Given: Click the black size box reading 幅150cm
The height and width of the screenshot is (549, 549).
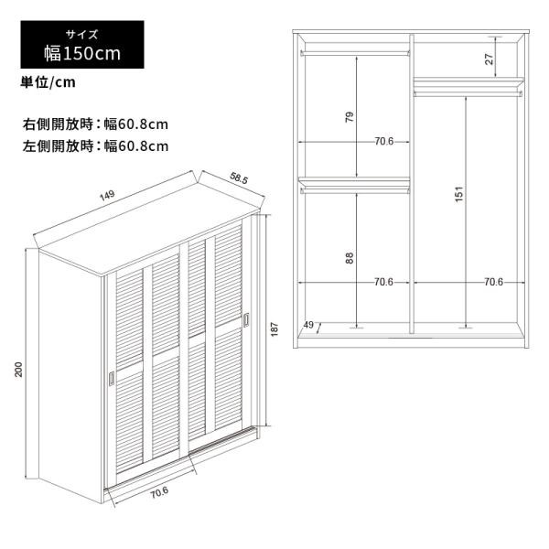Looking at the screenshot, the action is (x=82, y=45).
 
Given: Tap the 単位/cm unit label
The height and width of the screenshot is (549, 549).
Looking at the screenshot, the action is (x=48, y=82).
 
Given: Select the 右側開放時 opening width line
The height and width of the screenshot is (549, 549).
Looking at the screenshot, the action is (x=95, y=124).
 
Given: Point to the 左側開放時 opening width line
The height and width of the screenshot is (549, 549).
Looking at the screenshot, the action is (x=95, y=146).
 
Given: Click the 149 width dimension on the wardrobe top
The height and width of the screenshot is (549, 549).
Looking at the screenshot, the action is (x=107, y=196).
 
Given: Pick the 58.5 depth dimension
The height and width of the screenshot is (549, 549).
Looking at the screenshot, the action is (x=239, y=178).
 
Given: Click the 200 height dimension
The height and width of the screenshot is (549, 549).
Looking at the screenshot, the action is (x=18, y=370).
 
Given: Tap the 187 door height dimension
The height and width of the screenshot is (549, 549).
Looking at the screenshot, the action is (x=274, y=329).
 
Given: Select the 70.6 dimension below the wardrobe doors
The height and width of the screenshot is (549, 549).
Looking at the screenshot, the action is (x=159, y=493).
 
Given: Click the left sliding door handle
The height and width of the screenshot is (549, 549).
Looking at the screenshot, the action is (x=112, y=378).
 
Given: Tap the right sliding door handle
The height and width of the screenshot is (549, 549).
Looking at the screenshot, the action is (x=246, y=319).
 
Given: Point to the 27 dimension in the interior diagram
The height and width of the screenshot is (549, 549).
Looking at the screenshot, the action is (x=490, y=59).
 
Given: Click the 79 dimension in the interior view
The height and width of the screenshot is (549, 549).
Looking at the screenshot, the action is (x=350, y=117).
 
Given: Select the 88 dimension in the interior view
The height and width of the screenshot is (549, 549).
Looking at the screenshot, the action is (x=350, y=258).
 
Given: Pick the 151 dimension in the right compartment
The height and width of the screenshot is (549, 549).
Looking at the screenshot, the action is (x=459, y=194).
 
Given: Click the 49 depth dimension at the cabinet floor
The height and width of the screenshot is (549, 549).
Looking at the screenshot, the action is (x=308, y=325).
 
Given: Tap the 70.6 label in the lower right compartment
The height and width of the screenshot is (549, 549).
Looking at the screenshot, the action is (x=493, y=282).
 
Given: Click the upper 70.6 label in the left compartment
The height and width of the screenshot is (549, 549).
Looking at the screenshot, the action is (x=384, y=142).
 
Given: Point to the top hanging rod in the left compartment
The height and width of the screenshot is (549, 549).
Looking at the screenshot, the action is (x=355, y=53).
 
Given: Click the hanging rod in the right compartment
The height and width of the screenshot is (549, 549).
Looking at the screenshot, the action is (x=468, y=93).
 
